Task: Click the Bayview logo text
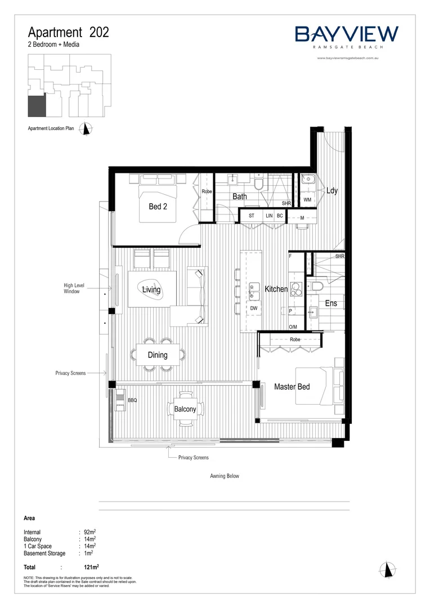(347, 34)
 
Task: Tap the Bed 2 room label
(158, 207)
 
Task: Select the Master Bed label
(292, 387)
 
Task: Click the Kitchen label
(276, 289)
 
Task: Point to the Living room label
(151, 290)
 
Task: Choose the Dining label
(158, 355)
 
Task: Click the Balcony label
(185, 409)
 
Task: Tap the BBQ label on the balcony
(132, 400)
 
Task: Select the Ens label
(331, 303)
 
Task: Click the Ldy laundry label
(332, 191)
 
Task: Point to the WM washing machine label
(307, 200)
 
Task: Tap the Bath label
(240, 196)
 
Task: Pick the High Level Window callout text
(74, 289)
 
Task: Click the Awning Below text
(225, 476)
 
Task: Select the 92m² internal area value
(88, 531)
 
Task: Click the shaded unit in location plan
(37, 106)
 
